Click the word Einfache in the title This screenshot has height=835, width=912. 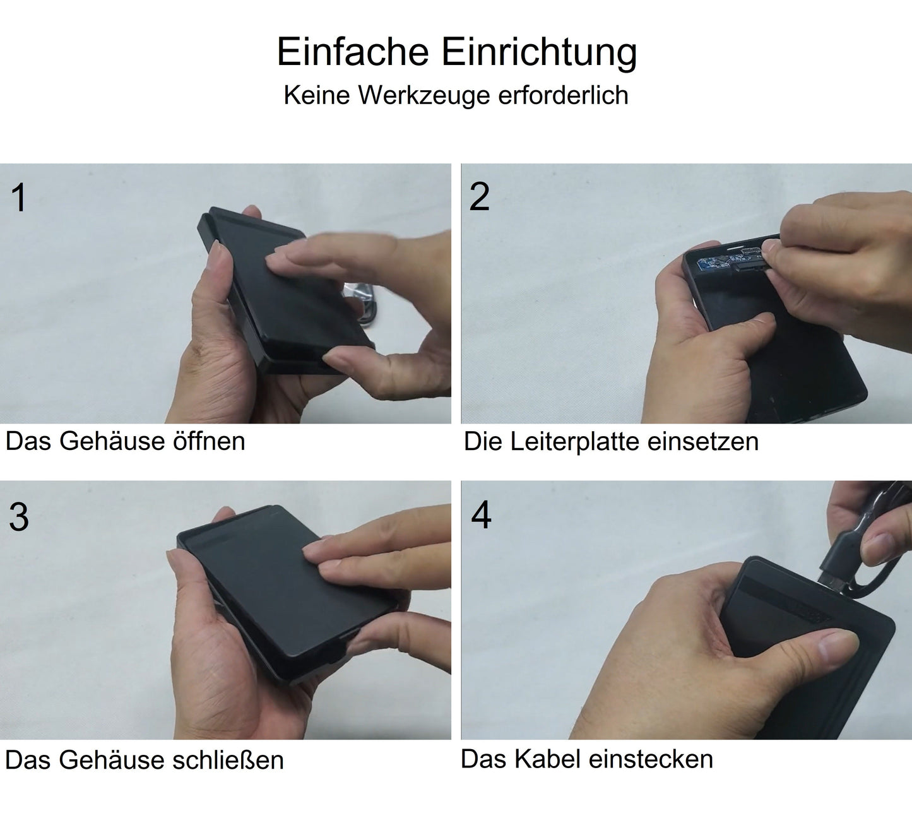click(353, 52)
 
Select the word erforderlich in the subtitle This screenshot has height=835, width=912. click(563, 95)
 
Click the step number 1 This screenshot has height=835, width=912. click(19, 198)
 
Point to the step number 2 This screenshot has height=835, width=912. click(479, 197)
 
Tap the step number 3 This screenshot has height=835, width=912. click(19, 517)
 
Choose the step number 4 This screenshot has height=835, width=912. click(481, 515)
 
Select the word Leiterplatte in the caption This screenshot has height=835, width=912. click(576, 441)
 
